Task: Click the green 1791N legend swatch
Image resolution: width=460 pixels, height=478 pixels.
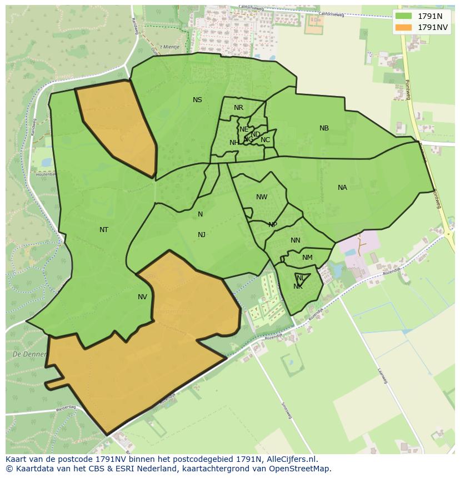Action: [x=404, y=16]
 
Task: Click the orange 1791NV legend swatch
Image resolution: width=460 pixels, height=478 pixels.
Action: [x=404, y=27]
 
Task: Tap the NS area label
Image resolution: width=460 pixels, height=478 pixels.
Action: [x=197, y=100]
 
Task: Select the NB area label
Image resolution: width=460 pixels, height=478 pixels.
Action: [x=324, y=128]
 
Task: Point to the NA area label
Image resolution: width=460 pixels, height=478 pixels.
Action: [x=342, y=188]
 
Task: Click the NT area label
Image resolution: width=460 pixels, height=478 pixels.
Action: [x=104, y=230]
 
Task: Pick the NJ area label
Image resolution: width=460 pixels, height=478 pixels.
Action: [x=202, y=235]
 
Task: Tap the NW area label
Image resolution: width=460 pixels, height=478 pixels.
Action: [x=262, y=197]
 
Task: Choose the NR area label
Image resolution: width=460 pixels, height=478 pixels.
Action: [x=238, y=108]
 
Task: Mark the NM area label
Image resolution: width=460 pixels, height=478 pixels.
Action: [x=307, y=258]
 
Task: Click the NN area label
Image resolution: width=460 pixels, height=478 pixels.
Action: [x=295, y=240]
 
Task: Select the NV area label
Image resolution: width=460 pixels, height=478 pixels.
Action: [x=142, y=297]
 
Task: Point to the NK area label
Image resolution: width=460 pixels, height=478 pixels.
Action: [x=298, y=286]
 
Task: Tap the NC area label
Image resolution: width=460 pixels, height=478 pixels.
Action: [x=265, y=140]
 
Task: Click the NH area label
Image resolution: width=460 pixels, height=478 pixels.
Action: [x=234, y=143]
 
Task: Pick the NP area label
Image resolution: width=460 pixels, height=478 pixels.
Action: [x=272, y=225]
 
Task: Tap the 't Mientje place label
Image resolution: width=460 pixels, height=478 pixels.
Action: [x=169, y=47]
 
